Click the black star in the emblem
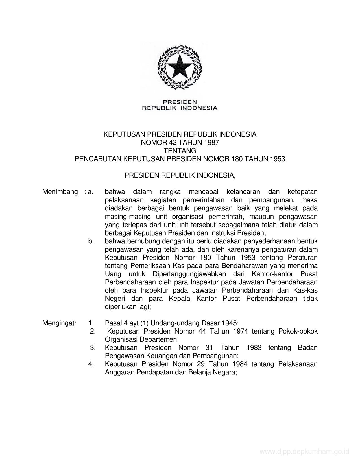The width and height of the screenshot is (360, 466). coord(180,67)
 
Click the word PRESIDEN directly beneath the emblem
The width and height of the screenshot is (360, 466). coord(180,101)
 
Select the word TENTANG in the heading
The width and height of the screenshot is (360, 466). coord(180,151)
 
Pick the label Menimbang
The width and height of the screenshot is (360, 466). coord(60,192)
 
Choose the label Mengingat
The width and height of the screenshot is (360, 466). coord(59,323)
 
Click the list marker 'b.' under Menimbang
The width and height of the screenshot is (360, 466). coord(91,241)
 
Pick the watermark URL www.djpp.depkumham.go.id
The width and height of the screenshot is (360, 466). coord(304,452)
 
